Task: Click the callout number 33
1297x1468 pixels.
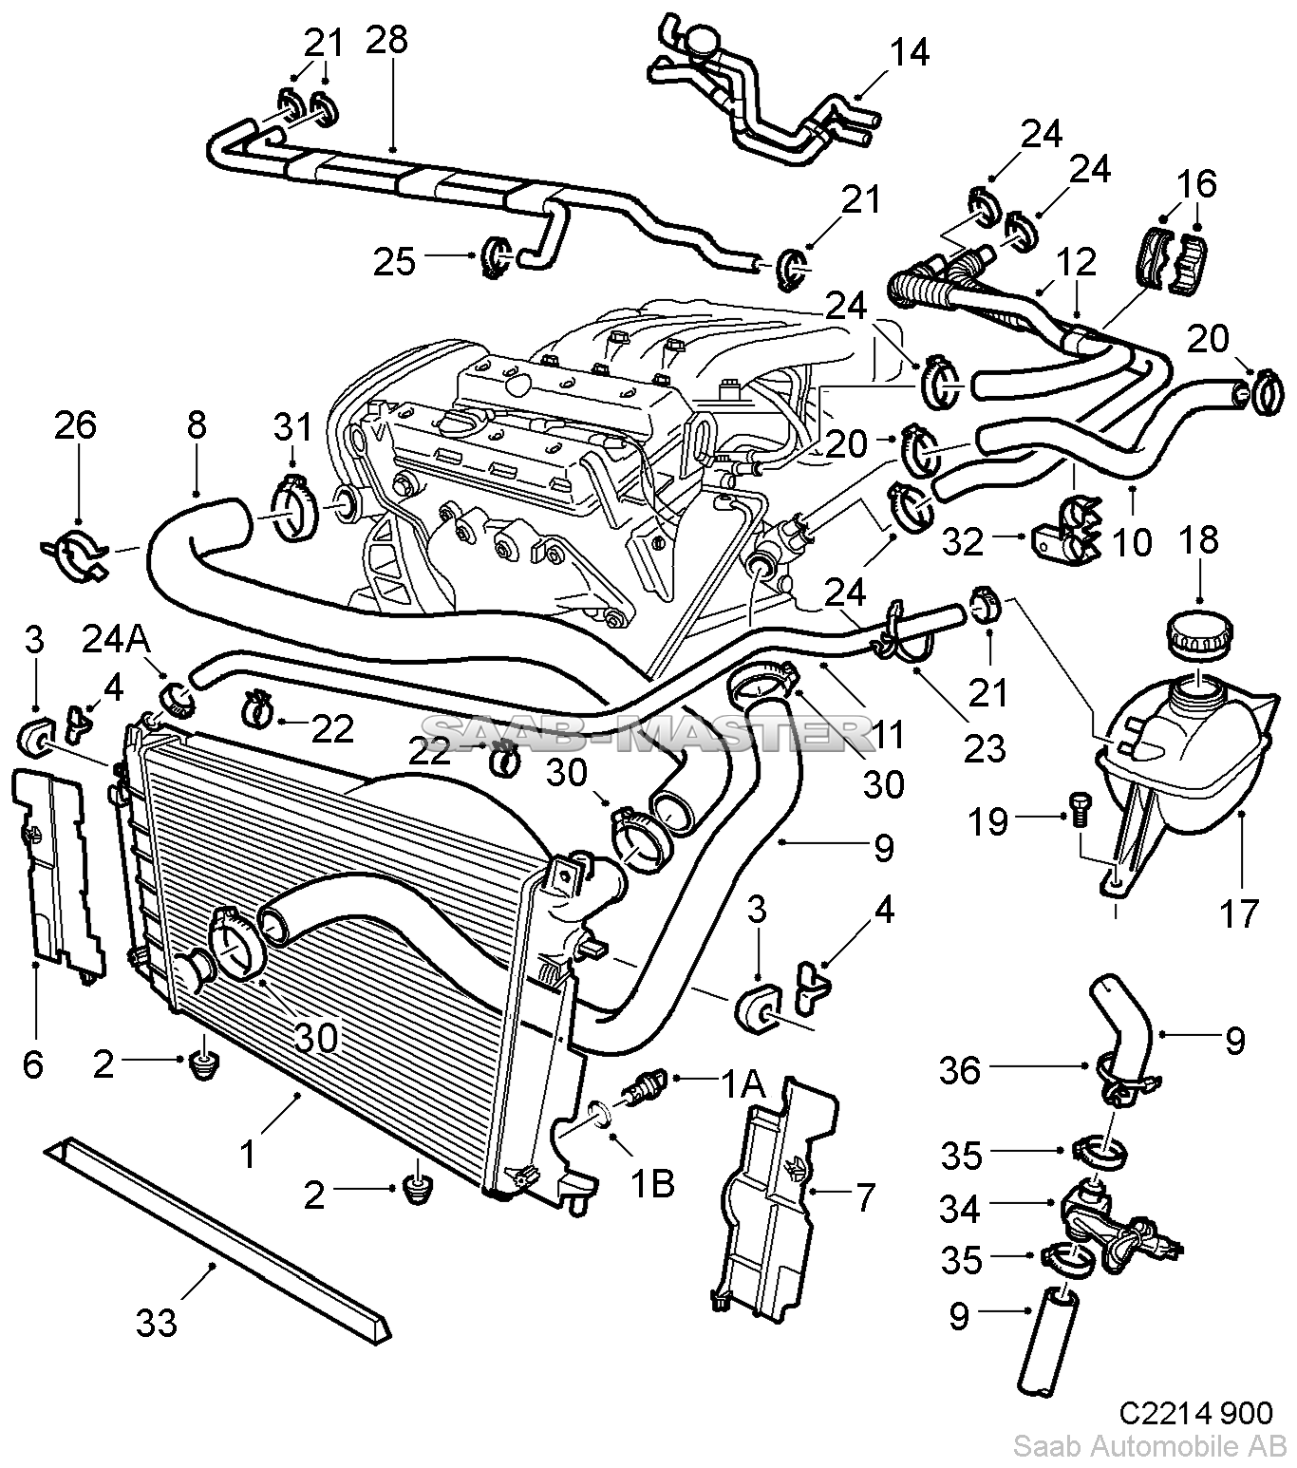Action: (x=158, y=1323)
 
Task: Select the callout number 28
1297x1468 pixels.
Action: (x=387, y=41)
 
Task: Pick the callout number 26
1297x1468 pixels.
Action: (x=75, y=425)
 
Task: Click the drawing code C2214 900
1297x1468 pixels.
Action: (x=1195, y=1413)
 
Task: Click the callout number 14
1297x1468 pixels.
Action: (x=909, y=53)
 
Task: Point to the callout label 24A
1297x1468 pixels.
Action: (x=115, y=640)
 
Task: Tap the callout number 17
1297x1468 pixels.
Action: (x=1239, y=913)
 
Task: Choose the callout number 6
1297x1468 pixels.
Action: (x=33, y=1065)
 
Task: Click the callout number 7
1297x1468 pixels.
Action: (x=866, y=1197)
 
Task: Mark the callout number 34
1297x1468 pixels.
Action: (x=959, y=1210)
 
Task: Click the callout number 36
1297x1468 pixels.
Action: (x=959, y=1071)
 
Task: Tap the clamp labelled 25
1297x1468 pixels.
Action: (x=495, y=257)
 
